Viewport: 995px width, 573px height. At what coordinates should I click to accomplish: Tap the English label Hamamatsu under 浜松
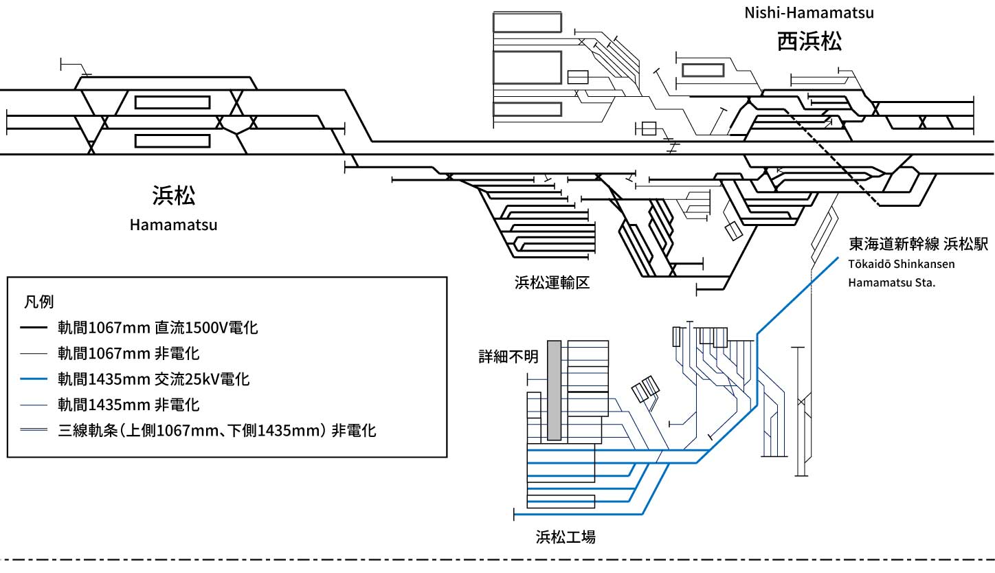click(x=173, y=225)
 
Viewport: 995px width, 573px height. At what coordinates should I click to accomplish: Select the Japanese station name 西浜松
click(x=809, y=42)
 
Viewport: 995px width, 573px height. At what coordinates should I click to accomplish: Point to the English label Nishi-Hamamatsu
click(x=809, y=12)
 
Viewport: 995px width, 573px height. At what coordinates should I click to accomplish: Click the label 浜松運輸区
click(x=552, y=282)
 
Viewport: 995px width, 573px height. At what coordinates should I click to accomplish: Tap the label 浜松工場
click(x=565, y=537)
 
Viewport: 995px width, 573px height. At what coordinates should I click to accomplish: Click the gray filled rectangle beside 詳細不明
click(x=555, y=390)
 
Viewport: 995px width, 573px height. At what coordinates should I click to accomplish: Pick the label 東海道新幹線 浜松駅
click(x=918, y=244)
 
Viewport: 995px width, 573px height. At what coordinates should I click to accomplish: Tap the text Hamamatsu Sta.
click(x=892, y=282)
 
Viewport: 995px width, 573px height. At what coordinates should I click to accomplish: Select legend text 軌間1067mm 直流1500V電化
click(x=157, y=328)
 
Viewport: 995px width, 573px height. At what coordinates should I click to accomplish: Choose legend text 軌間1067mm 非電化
click(x=128, y=354)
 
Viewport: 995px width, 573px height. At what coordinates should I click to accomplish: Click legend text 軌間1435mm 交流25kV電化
click(x=153, y=379)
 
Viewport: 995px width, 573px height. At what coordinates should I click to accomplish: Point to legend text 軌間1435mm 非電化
click(x=128, y=405)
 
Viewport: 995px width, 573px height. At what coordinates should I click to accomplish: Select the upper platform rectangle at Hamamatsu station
click(x=172, y=102)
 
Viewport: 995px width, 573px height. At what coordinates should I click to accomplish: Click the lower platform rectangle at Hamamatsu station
click(x=172, y=141)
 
